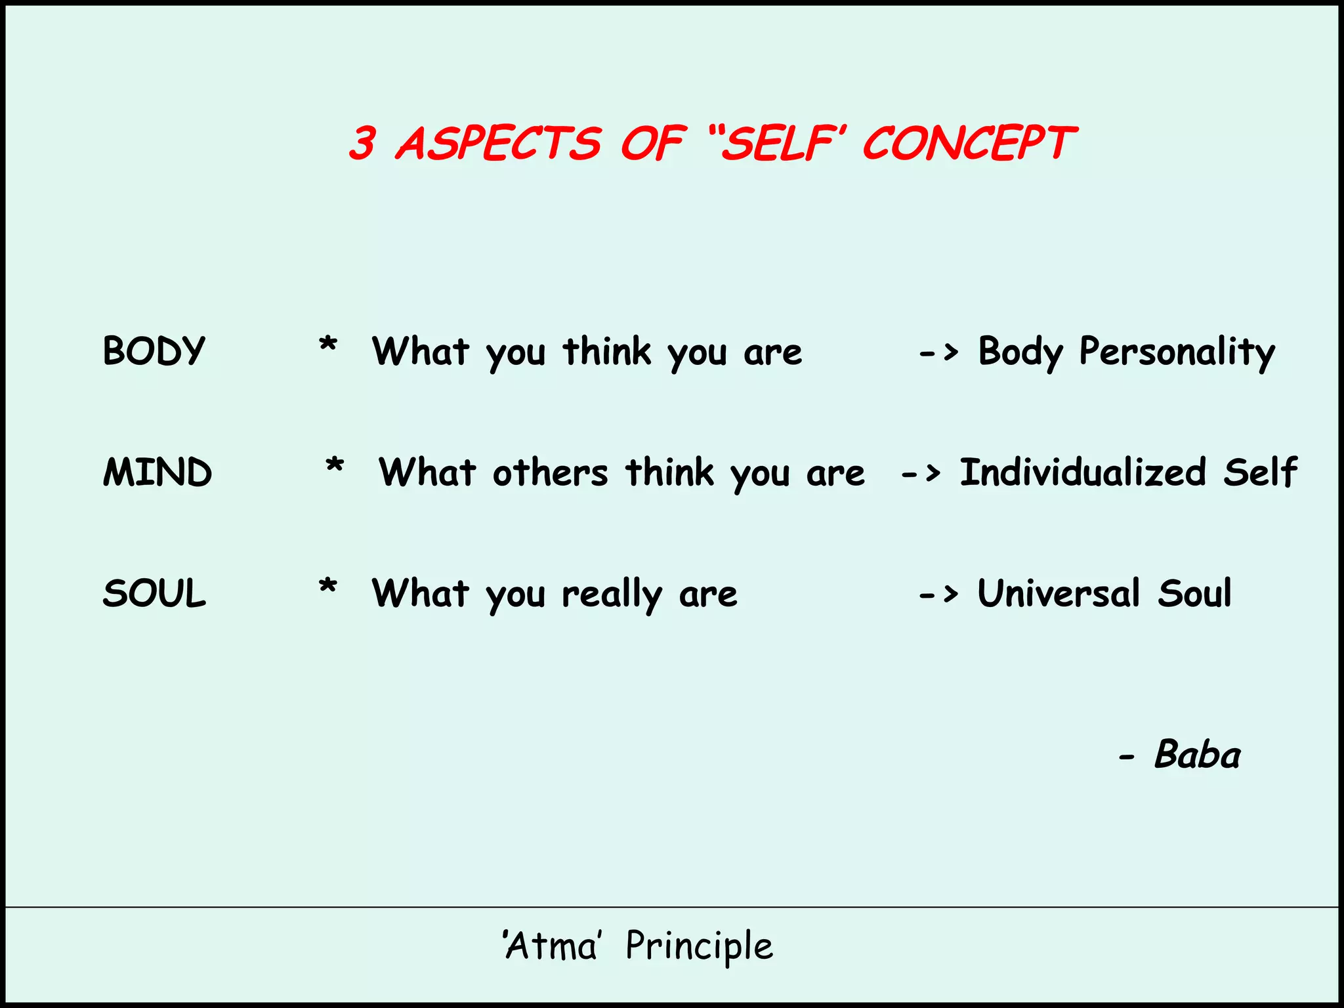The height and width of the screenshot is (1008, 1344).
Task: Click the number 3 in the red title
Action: pos(362,143)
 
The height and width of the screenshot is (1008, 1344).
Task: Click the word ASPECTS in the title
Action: pos(499,143)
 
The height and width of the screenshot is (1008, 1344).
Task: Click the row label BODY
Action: pos(154,350)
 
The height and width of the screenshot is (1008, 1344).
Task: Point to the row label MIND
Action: pos(157,472)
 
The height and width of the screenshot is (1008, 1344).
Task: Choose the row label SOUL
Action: pos(154,593)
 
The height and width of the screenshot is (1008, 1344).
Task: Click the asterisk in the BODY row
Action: pos(327,344)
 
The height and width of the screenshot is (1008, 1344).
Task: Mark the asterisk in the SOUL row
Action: pos(327,586)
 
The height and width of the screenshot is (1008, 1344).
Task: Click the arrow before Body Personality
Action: pos(938,353)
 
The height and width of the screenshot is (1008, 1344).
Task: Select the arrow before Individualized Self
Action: pos(921,472)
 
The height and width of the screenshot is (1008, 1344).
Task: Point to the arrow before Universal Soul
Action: pos(938,595)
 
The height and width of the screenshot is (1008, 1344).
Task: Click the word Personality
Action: pos(1177,352)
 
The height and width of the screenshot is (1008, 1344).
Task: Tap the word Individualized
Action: pos(1083,472)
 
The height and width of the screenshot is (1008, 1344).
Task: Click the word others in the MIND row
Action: pos(551,472)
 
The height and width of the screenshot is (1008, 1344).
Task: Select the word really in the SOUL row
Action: pos(612,595)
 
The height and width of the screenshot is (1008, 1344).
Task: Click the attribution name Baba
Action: pos(1197,755)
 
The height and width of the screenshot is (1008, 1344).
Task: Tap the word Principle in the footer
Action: pos(700,946)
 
